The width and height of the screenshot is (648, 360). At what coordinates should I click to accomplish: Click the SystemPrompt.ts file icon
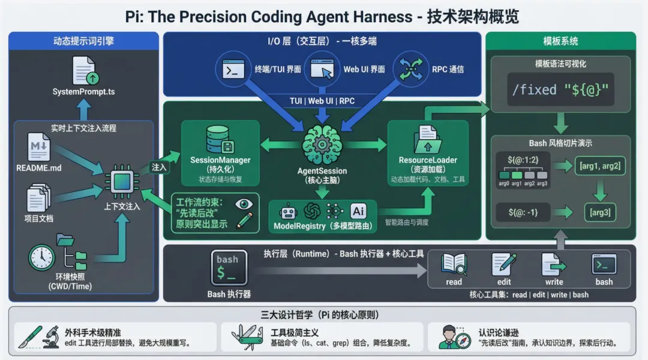point(85,70)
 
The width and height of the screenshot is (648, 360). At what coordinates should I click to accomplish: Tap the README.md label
point(39,168)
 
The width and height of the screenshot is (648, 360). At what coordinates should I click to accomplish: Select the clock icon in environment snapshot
point(41,257)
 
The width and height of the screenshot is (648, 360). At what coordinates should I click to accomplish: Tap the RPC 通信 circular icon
point(410,68)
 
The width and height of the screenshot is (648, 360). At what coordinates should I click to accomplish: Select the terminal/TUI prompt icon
point(235,69)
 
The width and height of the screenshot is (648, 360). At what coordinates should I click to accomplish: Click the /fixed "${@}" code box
point(560,90)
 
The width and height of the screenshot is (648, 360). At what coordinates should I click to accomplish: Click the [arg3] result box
point(601,212)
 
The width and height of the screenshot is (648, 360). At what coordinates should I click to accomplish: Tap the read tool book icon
point(454,265)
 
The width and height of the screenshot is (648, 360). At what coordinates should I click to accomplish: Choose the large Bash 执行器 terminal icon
point(229,267)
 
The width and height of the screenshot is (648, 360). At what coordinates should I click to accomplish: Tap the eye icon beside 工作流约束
point(244,204)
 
